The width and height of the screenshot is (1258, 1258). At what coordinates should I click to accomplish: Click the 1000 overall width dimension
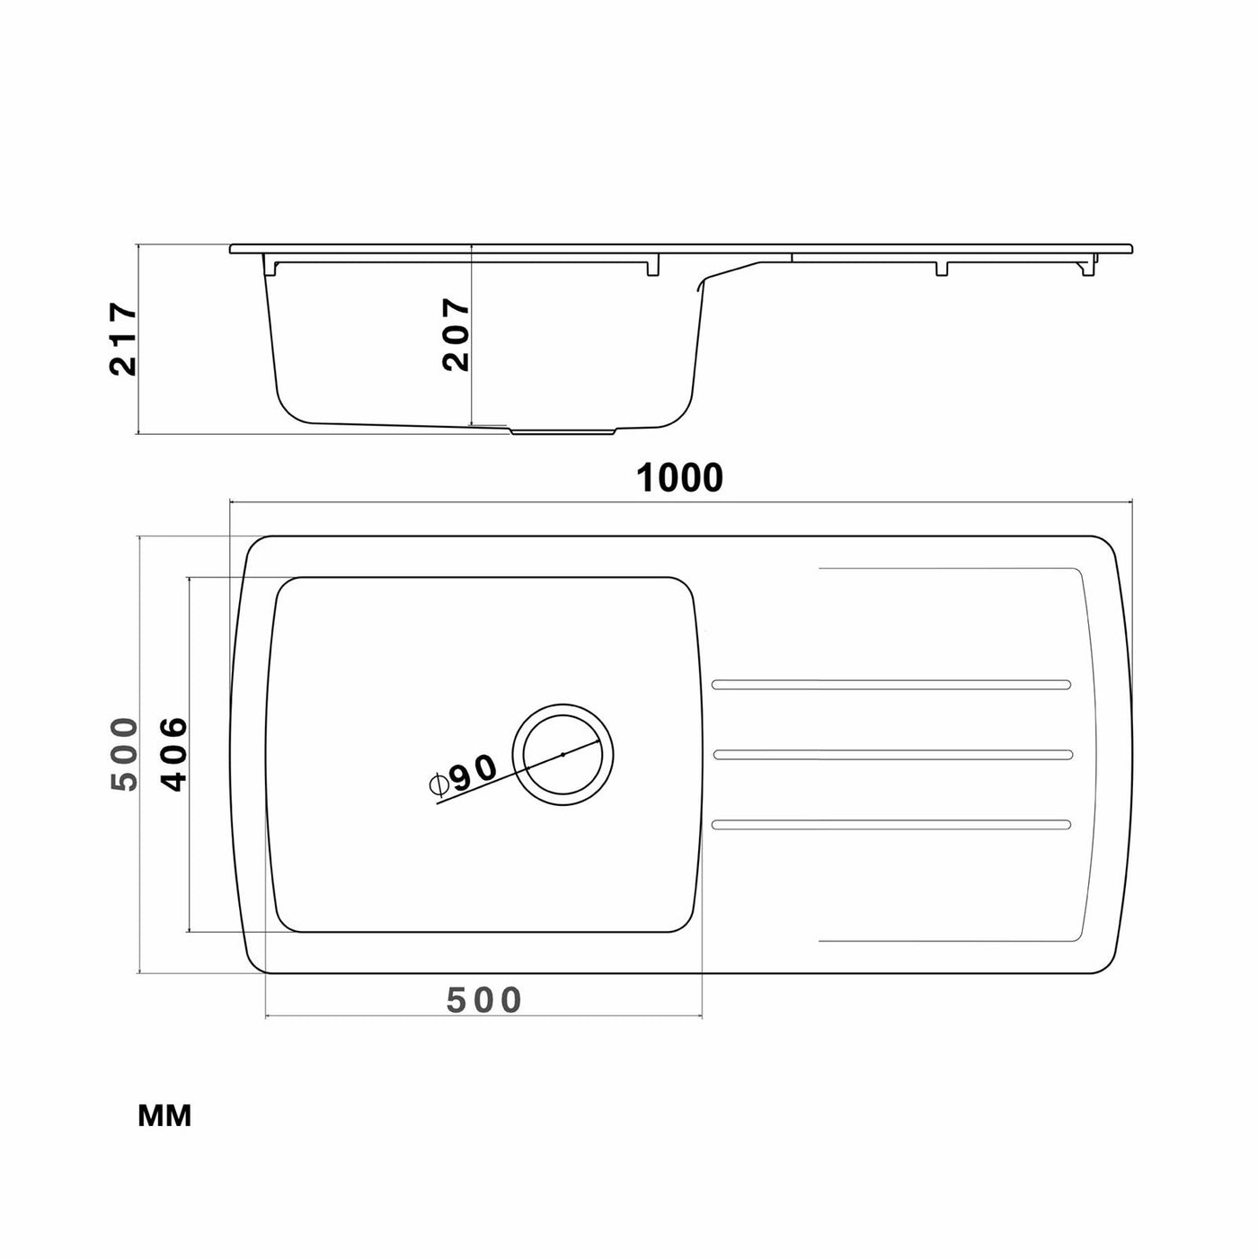click(x=679, y=478)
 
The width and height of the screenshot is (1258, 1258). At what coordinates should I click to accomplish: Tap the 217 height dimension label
click(x=123, y=338)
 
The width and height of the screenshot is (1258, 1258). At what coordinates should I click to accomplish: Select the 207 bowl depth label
click(x=455, y=335)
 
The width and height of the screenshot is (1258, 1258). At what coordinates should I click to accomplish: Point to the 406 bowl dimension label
click(x=173, y=755)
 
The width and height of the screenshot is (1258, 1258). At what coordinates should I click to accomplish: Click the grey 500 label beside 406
click(x=124, y=755)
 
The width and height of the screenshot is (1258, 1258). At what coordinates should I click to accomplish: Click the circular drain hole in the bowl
click(x=563, y=755)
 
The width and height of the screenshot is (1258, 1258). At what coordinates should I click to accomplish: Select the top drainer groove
click(x=891, y=685)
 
